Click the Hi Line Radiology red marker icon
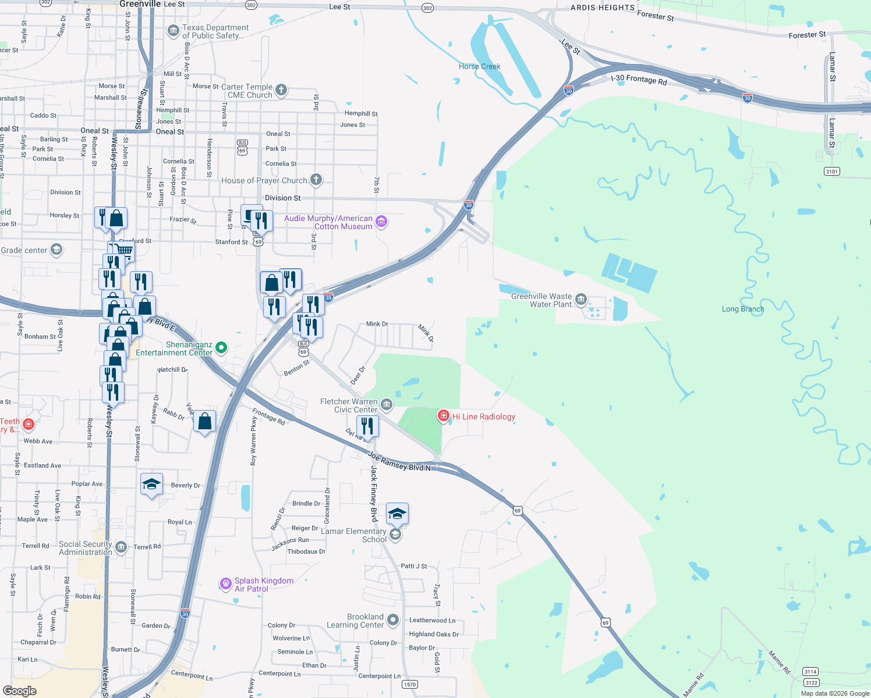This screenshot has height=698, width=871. (x=444, y=415)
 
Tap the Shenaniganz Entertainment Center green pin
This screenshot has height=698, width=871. (x=221, y=348)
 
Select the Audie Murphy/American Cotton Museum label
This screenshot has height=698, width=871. (x=328, y=222)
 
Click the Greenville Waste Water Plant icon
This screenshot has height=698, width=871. (x=580, y=300)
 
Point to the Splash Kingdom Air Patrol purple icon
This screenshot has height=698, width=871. (x=226, y=584)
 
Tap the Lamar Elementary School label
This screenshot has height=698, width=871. (x=354, y=535)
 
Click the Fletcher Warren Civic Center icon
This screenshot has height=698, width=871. (x=387, y=404)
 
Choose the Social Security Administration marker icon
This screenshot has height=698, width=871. (x=121, y=547)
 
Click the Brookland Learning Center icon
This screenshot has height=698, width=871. (x=393, y=620)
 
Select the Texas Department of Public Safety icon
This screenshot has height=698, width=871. (x=173, y=31)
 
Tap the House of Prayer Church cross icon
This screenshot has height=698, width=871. (x=316, y=179)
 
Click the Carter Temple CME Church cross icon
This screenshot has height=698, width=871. (x=281, y=90)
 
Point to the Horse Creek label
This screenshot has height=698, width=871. (x=479, y=66)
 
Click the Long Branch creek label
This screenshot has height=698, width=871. (x=743, y=309)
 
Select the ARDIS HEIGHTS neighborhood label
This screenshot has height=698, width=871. (x=603, y=8)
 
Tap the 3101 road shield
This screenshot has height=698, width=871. (x=832, y=171)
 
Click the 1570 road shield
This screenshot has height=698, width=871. (x=410, y=684)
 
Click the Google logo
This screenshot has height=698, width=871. (x=20, y=691)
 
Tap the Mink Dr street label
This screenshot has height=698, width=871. (x=377, y=324)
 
